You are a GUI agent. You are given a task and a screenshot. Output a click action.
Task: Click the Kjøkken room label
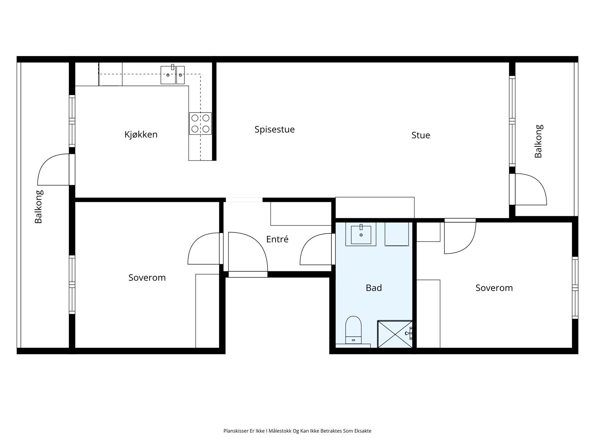pyautogui.click(x=141, y=135)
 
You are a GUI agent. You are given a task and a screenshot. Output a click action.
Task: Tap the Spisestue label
pyautogui.click(x=274, y=129)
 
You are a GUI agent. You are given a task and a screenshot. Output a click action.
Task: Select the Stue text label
pyautogui.click(x=421, y=135)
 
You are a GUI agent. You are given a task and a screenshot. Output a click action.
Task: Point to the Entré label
pyautogui.click(x=277, y=239)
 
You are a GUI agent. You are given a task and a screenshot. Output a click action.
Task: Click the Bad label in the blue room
pyautogui.click(x=373, y=288)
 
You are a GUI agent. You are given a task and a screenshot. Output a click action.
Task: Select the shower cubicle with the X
pyautogui.click(x=395, y=334)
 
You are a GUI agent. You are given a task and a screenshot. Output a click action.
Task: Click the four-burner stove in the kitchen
pyautogui.click(x=200, y=123)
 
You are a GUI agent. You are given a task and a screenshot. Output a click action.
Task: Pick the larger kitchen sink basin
pyautogui.click(x=168, y=75)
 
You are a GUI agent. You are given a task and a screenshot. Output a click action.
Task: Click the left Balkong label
pyautogui.click(x=39, y=207)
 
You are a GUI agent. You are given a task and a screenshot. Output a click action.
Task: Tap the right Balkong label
pyautogui.click(x=538, y=141)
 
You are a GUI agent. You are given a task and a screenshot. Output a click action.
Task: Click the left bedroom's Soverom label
pyautogui.click(x=147, y=278)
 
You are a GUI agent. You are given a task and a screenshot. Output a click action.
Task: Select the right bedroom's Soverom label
pyautogui.click(x=494, y=288)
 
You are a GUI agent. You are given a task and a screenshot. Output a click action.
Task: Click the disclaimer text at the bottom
pyautogui.click(x=297, y=431)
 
